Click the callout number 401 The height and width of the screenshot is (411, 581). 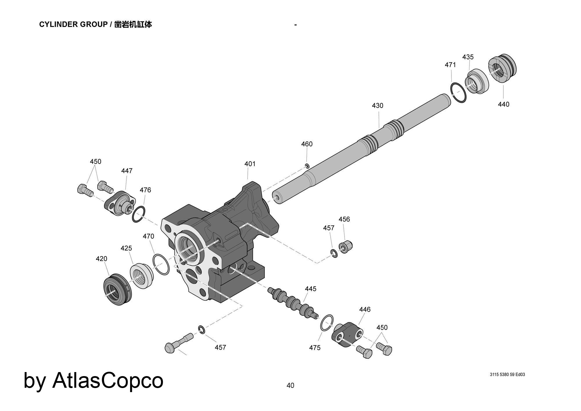[x=250, y=164]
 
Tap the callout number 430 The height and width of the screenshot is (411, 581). [x=378, y=106]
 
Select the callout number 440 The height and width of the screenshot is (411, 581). [x=504, y=104]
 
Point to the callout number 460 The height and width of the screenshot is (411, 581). [x=307, y=144]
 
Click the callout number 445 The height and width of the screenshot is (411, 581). [x=311, y=289]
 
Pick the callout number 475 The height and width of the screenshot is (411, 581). [x=315, y=348]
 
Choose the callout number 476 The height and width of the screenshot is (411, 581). [x=145, y=190]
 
